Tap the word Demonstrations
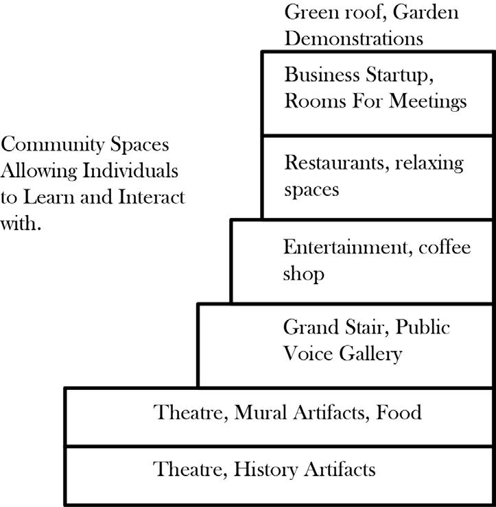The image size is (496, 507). (x=354, y=38)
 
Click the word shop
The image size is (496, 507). (x=303, y=275)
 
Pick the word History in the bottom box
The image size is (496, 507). (x=263, y=470)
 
